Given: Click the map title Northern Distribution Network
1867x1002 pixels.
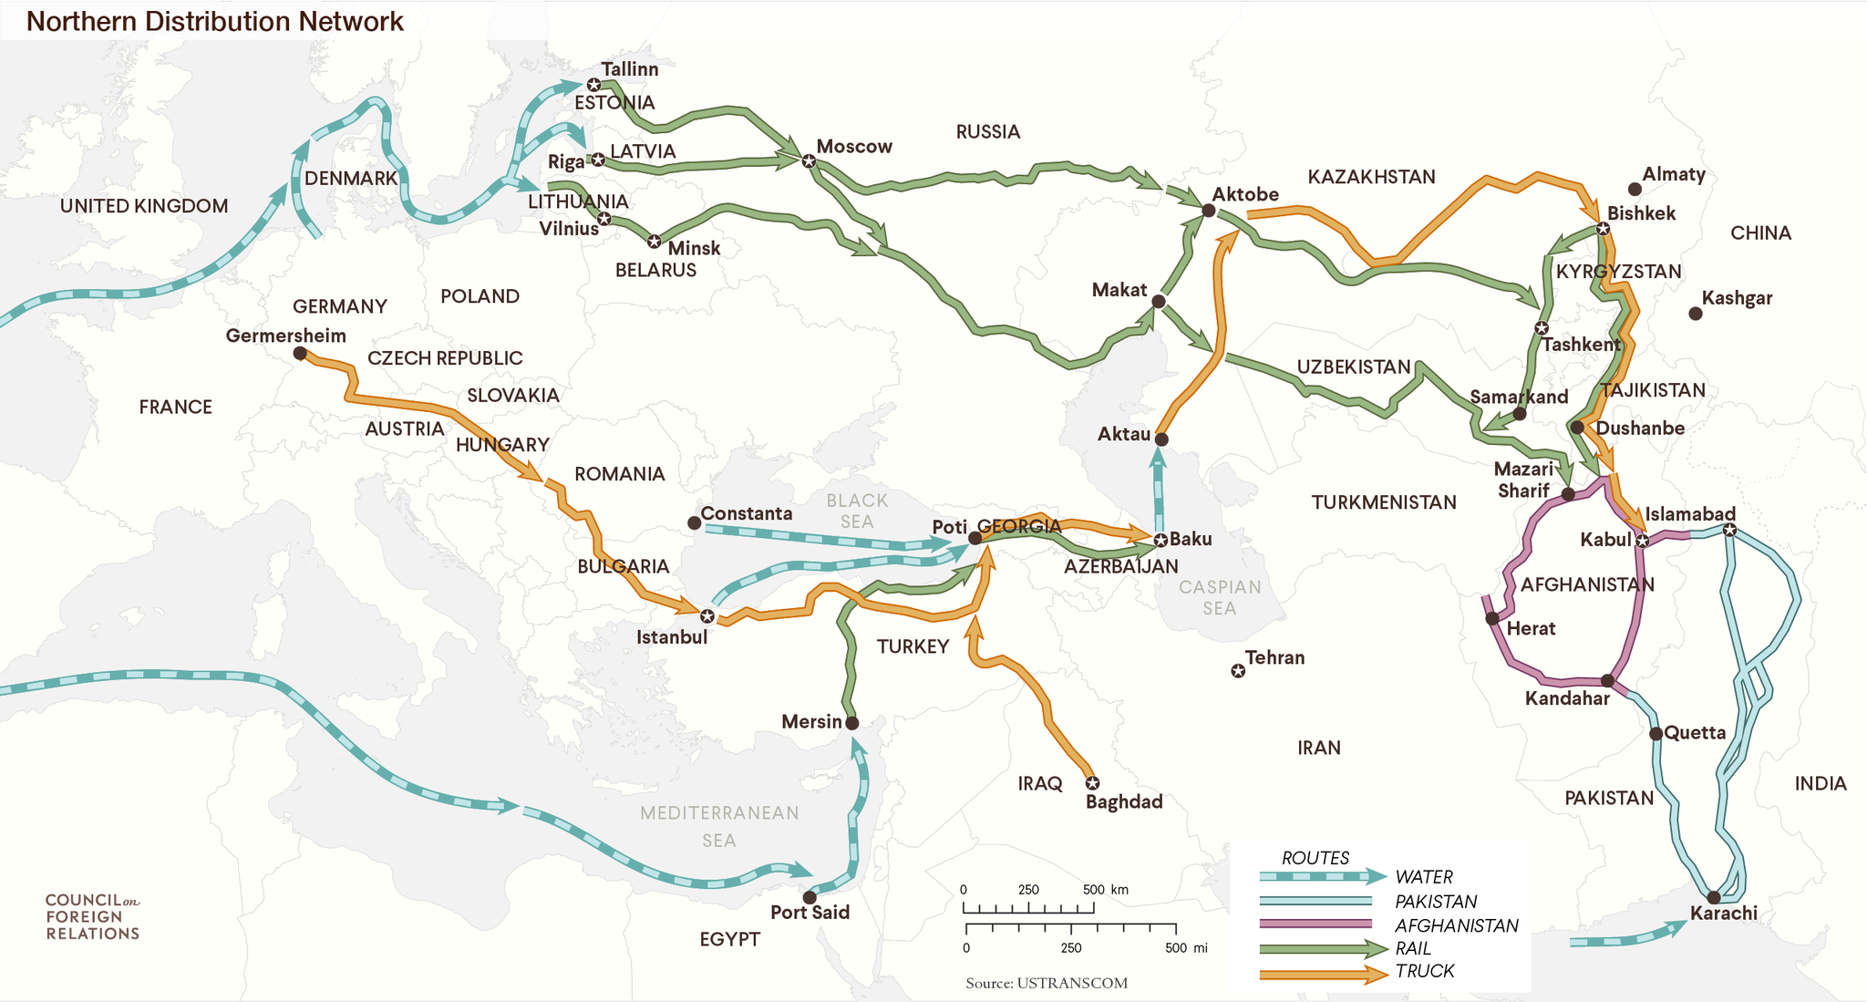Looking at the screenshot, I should coord(214,21).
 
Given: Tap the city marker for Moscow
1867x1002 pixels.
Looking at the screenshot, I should coord(809,160).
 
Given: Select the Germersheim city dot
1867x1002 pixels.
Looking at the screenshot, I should coord(300,354).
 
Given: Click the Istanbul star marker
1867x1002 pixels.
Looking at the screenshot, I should coord(707,616).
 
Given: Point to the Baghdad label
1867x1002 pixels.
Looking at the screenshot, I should coord(1123,802).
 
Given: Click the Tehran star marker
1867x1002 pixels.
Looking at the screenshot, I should coord(1238,671).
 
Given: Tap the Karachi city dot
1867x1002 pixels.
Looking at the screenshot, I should coord(1713,897).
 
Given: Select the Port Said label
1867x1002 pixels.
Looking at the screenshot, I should coord(810,913).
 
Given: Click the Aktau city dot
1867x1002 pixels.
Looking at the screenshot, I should coord(1161,439).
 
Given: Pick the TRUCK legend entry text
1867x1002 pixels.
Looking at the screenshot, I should coord(1424,971).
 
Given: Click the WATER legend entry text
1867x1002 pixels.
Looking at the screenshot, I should coord(1423,877).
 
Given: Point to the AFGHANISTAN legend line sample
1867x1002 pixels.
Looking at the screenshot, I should coord(1315,925).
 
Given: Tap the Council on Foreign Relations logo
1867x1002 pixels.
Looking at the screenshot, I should coord(92,916).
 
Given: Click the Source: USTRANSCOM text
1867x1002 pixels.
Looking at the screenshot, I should coord(1046,983).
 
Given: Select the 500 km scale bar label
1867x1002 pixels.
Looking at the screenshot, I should coord(1105,890).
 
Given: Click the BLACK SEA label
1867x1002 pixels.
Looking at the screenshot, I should coord(856,511).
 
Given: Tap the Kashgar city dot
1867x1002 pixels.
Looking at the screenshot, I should coord(1695,314).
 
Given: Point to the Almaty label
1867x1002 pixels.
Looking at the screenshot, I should coord(1673,174).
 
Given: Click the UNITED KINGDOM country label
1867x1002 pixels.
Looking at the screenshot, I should coord(144,206).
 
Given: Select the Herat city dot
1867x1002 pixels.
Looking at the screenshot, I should coord(1492,619).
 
